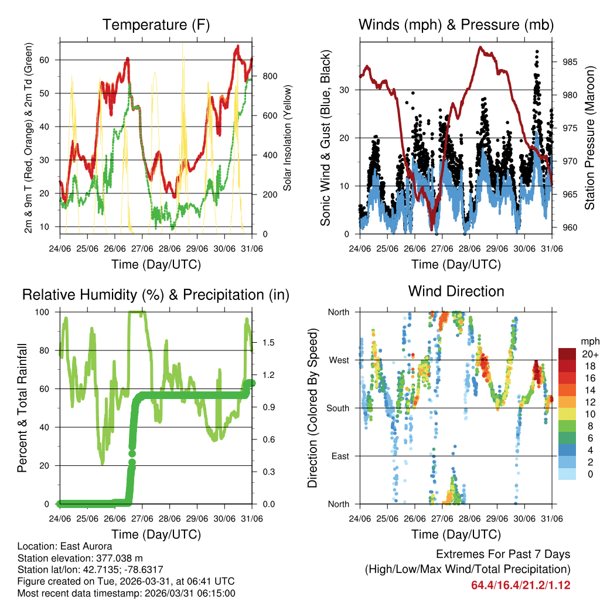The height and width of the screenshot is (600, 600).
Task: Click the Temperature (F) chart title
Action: [x=156, y=25]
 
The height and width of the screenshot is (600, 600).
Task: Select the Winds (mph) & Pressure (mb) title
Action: [x=456, y=25]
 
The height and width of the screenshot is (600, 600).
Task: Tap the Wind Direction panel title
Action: [x=456, y=291]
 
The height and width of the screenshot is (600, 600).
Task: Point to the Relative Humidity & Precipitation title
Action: [x=156, y=295]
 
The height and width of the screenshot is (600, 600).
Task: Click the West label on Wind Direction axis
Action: [x=338, y=360]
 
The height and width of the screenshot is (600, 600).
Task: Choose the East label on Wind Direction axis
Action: [x=339, y=456]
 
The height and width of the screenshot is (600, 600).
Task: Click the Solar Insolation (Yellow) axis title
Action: [x=288, y=138]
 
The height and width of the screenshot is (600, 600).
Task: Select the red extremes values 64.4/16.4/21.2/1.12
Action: [x=520, y=585]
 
